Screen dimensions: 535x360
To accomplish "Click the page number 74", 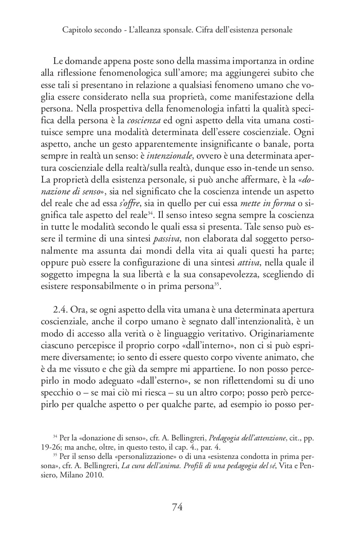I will [177, 507].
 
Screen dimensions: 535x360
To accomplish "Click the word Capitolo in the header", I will [76, 30].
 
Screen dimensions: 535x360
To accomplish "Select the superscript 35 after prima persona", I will [217, 286].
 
